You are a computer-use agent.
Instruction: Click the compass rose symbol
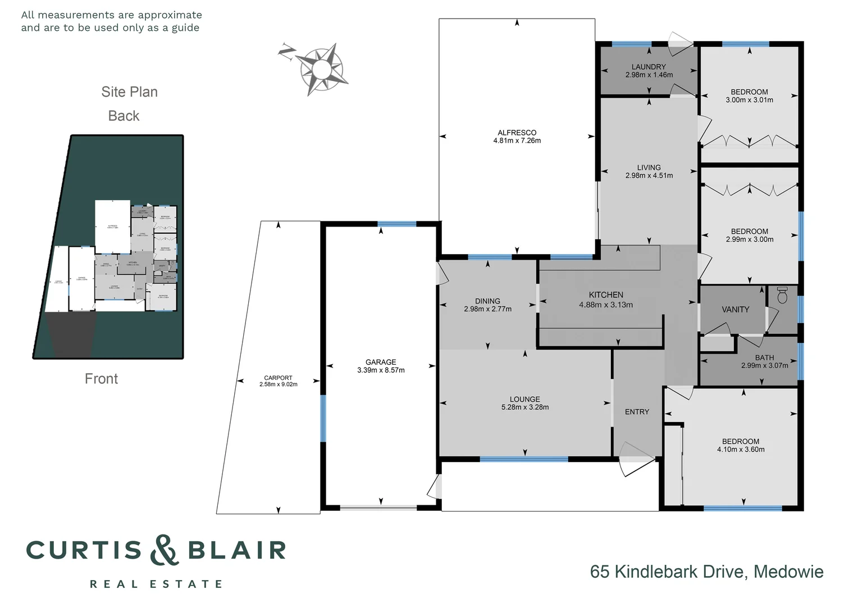pos(320,69)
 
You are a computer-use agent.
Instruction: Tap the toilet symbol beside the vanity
pos(783,295)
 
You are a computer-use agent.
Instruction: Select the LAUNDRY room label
pos(649,67)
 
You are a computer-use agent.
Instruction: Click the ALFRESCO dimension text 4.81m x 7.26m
pos(517,141)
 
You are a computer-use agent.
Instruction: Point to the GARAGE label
pos(381,363)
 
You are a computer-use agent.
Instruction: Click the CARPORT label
pos(278,378)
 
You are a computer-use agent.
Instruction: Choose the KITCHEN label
pos(606,295)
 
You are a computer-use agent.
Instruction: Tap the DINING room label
pos(487,301)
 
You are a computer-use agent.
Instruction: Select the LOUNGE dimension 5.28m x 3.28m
pos(524,407)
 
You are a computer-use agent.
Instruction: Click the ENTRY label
pos(637,412)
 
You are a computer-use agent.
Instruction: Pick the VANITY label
pos(735,310)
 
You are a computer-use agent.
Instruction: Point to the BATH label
pos(764,357)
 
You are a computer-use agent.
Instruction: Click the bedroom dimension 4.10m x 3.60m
pos(741,450)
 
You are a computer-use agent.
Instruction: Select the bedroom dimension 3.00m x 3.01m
pos(749,100)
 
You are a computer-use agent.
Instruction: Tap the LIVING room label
pos(649,167)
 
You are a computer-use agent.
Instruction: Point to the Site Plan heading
pos(129,92)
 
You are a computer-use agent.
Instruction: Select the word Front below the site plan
pos(101,379)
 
